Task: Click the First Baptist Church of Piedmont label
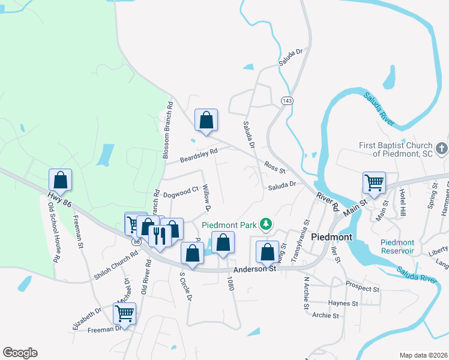(395, 149)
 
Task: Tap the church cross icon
(441, 148)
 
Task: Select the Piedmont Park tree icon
(265, 224)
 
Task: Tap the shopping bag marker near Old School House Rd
(60, 179)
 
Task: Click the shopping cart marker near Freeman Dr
(124, 313)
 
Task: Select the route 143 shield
(287, 101)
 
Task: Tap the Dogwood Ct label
(181, 191)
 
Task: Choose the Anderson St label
(255, 269)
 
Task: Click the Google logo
(20, 353)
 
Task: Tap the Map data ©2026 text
(423, 355)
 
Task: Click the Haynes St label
(343, 303)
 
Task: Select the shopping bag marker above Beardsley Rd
(206, 119)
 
